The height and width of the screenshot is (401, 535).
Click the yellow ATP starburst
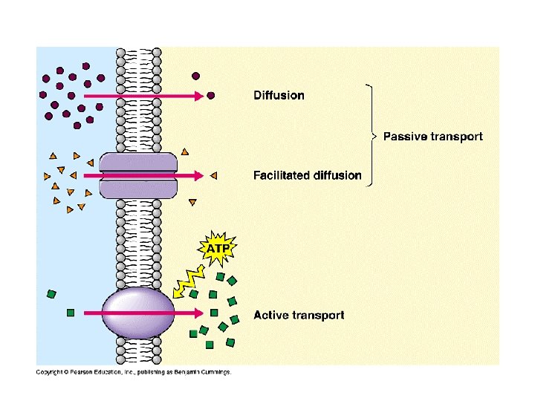217,248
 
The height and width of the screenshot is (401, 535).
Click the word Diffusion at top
279,95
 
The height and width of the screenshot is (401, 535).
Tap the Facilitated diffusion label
308,175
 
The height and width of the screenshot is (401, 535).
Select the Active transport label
299,315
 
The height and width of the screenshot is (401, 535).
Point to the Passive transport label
433,137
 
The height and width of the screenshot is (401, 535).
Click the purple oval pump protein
138,313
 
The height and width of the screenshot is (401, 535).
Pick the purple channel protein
138,175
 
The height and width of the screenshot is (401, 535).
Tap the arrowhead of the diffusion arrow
199,96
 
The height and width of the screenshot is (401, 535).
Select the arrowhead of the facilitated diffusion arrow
199,175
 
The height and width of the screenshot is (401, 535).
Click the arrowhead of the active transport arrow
199,313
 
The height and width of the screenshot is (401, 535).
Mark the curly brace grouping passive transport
372,135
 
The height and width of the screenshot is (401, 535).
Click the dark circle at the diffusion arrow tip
211,96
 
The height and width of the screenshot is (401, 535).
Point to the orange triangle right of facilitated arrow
214,175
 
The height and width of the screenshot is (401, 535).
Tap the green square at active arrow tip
214,313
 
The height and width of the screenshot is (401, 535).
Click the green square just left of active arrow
71,313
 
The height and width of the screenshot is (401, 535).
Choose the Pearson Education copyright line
134,372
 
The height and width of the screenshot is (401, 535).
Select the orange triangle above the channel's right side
184,151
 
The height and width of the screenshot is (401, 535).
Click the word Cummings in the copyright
215,372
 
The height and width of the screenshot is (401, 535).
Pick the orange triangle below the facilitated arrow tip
192,202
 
